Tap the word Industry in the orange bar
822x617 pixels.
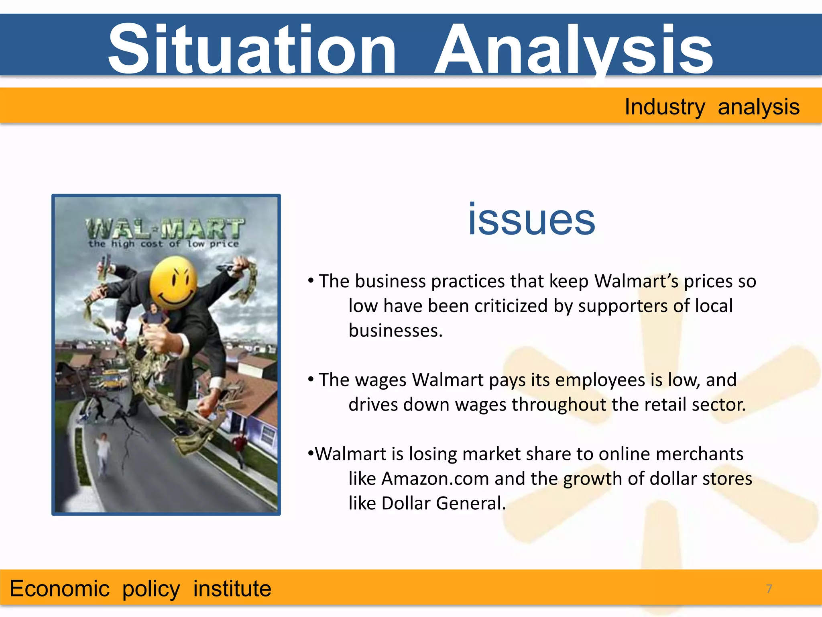[664, 107]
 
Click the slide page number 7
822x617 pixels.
[769, 589]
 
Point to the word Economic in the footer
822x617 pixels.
[59, 589]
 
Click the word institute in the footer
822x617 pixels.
[232, 589]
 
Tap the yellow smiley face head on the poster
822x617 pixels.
[173, 283]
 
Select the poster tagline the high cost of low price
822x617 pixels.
[164, 244]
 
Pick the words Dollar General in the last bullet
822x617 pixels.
[443, 503]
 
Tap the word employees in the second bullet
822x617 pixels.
[600, 380]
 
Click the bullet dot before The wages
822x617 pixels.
[311, 379]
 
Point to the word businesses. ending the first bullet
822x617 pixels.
[395, 331]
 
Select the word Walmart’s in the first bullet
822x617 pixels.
[636, 281]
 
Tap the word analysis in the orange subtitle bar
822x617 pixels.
[759, 107]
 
